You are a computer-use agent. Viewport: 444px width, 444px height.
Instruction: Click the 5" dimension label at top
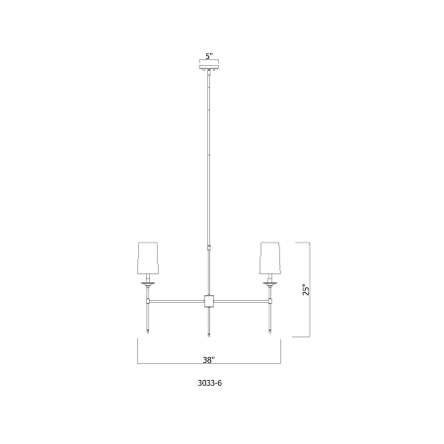tap(209, 56)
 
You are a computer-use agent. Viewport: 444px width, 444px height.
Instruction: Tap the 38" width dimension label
tap(209, 360)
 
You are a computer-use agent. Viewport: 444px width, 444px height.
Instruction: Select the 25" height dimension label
tap(306, 289)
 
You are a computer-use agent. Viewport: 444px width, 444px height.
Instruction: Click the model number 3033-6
tap(210, 383)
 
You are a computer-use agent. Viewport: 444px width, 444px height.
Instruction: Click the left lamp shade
tap(148, 259)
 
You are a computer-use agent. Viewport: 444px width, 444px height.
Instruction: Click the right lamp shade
tap(270, 259)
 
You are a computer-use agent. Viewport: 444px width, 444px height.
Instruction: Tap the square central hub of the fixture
tap(209, 301)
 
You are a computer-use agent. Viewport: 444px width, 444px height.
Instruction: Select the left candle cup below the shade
tap(148, 283)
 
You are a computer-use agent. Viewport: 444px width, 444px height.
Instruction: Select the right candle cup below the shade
tap(270, 283)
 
